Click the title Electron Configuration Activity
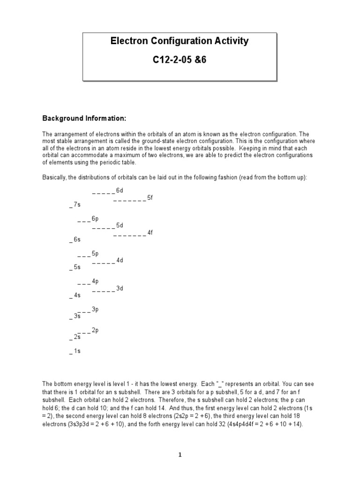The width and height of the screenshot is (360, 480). tap(179, 41)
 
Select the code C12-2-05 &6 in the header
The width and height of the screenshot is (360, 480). tap(179, 60)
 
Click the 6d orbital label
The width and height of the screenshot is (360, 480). tap(120, 190)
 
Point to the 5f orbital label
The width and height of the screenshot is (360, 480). tap(150, 197)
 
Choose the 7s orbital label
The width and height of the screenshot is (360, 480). tap(77, 204)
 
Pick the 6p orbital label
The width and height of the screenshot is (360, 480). tap(95, 218)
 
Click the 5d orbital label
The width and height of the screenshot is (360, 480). tap(120, 225)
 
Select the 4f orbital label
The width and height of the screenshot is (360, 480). tap(150, 232)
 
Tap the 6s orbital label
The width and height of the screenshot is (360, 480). tap(77, 240)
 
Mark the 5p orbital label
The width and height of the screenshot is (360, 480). tap(95, 254)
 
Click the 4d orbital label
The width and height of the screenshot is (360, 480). tap(120, 260)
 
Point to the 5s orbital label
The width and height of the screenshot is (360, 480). tap(77, 267)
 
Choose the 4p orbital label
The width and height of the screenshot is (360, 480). tap(95, 281)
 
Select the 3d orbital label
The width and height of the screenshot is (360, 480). tap(120, 288)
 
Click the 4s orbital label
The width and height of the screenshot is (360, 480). tap(77, 295)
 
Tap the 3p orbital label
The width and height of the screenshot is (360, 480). tap(95, 309)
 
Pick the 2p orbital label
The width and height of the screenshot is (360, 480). tap(95, 330)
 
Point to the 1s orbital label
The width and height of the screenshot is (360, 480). tap(77, 351)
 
